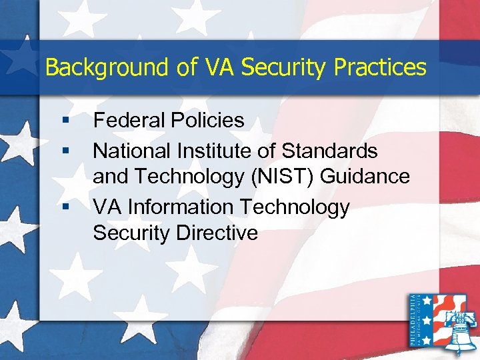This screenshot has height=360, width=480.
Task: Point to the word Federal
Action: click(128, 120)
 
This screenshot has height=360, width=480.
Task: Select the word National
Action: click(131, 151)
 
